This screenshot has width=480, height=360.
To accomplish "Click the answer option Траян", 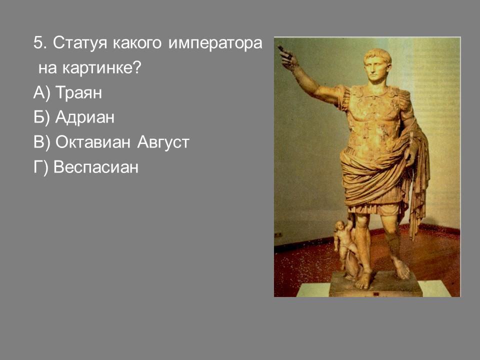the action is [x=78, y=92].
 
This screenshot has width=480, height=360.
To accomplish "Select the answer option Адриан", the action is [x=85, y=117].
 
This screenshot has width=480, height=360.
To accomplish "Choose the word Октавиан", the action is [x=93, y=141].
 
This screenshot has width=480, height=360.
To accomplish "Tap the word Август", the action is [x=163, y=142].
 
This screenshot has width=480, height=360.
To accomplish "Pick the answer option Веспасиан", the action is [x=96, y=167].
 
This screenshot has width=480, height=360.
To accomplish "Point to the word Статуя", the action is [x=80, y=43].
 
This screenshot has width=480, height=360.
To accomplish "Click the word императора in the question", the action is [x=215, y=43].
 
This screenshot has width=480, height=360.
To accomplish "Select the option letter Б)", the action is [x=41, y=117].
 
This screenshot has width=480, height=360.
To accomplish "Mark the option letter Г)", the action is [x=40, y=167].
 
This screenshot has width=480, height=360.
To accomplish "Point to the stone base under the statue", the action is [x=376, y=284].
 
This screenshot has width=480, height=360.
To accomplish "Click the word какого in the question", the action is [x=137, y=43].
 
